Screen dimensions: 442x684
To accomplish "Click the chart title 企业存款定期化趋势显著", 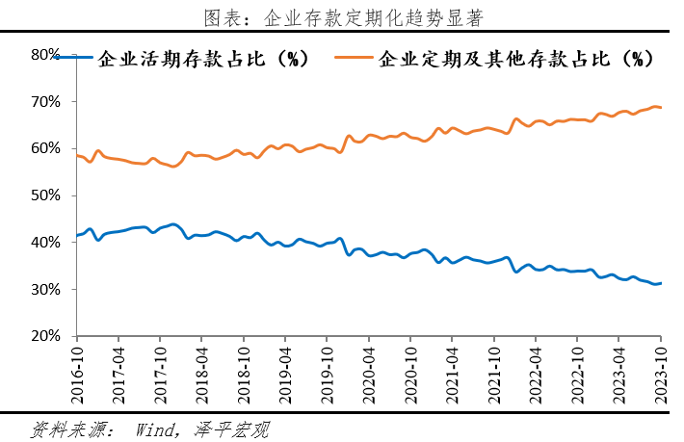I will pyautogui.click(x=343, y=18).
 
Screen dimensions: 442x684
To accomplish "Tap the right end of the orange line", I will pyautogui.click(x=661, y=107).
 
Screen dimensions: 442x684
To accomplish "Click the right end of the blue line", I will pyautogui.click(x=661, y=283).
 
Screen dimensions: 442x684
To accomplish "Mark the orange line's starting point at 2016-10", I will pyautogui.click(x=76, y=155).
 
